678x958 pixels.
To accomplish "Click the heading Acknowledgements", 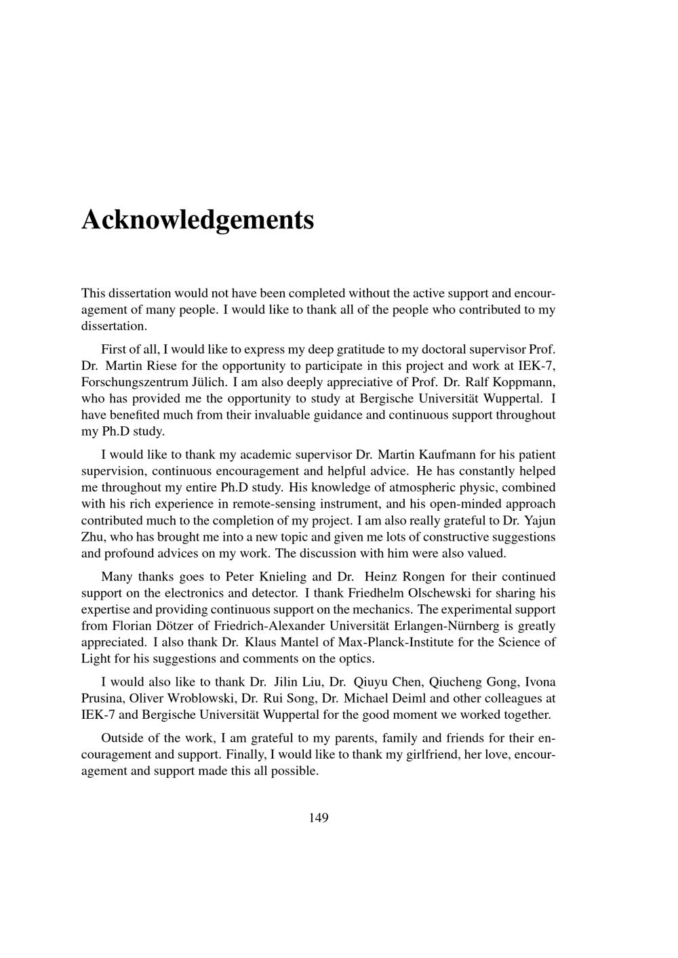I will tap(197, 220).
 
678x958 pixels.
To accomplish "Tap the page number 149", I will tap(318, 818).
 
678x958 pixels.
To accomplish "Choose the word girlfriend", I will tap(428, 755).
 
